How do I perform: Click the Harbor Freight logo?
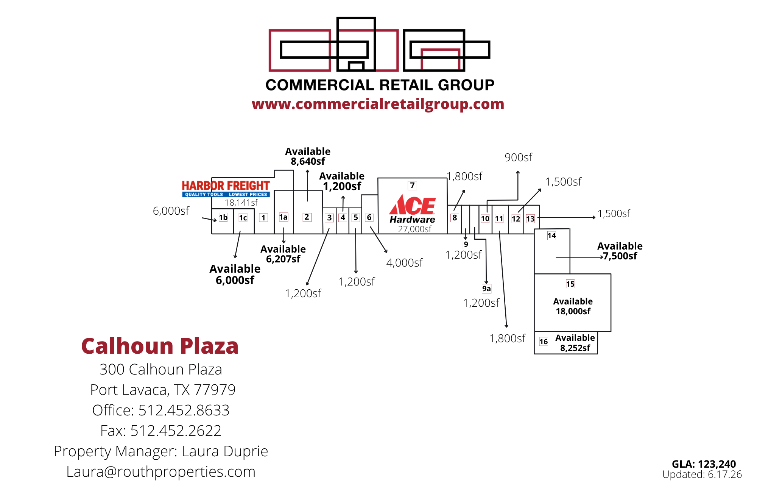click(226, 189)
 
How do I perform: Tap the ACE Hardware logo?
click(413, 209)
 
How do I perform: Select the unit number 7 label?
click(412, 185)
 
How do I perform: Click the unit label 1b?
click(223, 217)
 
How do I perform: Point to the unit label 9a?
click(486, 289)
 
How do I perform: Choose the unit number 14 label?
click(551, 236)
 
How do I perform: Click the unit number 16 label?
click(544, 342)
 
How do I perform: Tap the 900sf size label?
click(518, 157)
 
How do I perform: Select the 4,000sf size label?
click(404, 262)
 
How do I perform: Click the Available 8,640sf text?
click(308, 156)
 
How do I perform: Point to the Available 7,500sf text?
click(620, 251)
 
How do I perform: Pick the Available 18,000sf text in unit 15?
click(573, 306)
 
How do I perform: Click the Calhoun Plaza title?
click(160, 346)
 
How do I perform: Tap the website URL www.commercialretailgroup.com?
click(378, 104)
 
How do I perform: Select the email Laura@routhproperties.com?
click(161, 471)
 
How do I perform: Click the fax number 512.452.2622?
click(176, 431)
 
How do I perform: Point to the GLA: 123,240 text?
click(704, 464)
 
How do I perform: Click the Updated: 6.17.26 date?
click(702, 474)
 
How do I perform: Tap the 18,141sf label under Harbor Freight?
click(241, 203)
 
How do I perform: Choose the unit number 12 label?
click(516, 219)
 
